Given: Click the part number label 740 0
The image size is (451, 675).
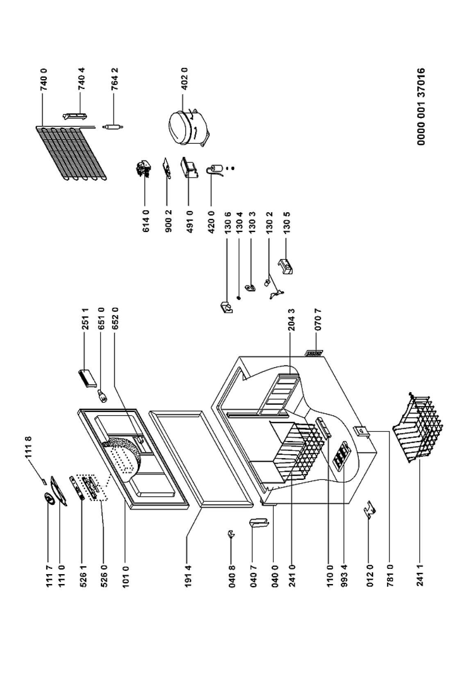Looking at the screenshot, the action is tap(44, 80).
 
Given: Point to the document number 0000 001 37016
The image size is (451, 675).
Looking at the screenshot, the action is tap(421, 107).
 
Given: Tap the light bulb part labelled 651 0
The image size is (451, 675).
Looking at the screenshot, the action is tap(103, 395).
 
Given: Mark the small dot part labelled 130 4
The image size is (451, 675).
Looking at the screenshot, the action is tap(239, 298).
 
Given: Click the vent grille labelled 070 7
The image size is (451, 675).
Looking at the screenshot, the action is tap(314, 353).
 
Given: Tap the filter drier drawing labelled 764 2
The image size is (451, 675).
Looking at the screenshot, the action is tap(113, 127).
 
